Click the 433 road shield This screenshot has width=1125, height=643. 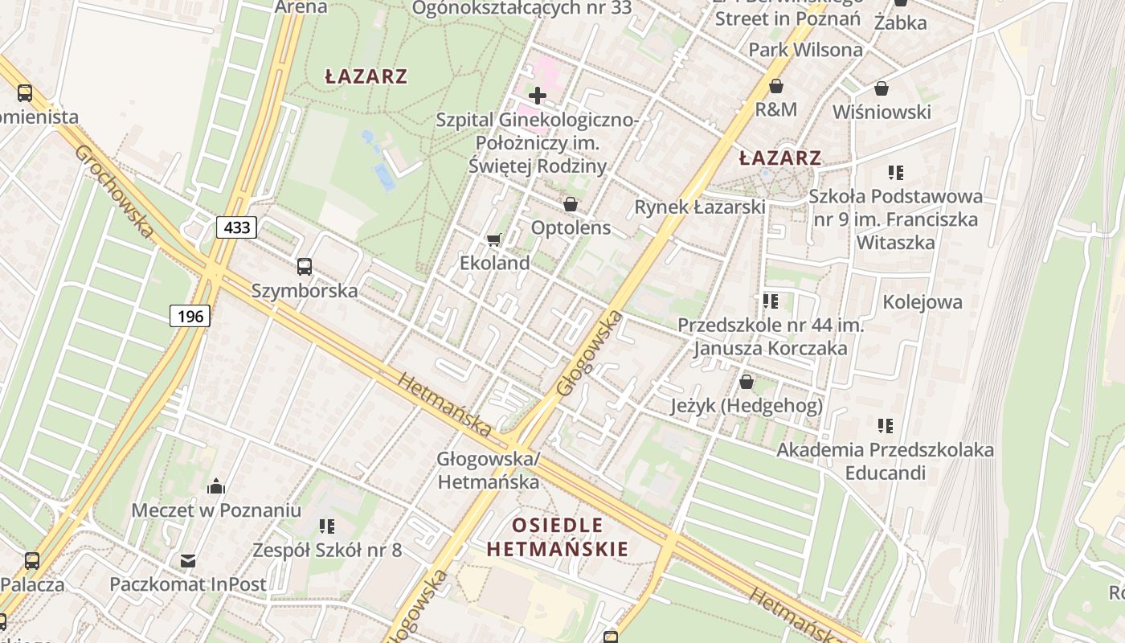click(x=236, y=227)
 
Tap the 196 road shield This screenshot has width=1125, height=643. click(x=190, y=316)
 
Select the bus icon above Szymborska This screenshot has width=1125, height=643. click(x=304, y=267)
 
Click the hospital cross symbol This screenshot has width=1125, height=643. click(x=538, y=96)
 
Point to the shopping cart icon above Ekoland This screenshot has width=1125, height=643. click(x=494, y=240)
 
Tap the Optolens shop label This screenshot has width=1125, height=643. click(x=571, y=227)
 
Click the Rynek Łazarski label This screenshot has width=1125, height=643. click(x=699, y=207)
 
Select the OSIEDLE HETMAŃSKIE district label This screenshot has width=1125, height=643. click(x=558, y=538)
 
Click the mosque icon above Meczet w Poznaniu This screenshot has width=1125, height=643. click(x=216, y=486)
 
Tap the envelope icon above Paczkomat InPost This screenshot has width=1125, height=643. click(x=188, y=560)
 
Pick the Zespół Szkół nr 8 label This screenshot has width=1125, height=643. click(x=326, y=551)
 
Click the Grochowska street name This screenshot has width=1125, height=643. click(x=113, y=191)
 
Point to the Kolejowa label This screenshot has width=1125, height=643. click(x=922, y=302)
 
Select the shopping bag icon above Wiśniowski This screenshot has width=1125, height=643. click(x=882, y=88)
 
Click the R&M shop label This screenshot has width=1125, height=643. click(x=775, y=109)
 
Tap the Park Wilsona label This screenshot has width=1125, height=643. click(x=805, y=50)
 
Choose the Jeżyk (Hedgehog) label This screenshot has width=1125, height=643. click(x=747, y=406)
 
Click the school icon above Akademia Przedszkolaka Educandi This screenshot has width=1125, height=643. click(x=885, y=425)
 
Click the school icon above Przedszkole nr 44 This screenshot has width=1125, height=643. click(x=770, y=301)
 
